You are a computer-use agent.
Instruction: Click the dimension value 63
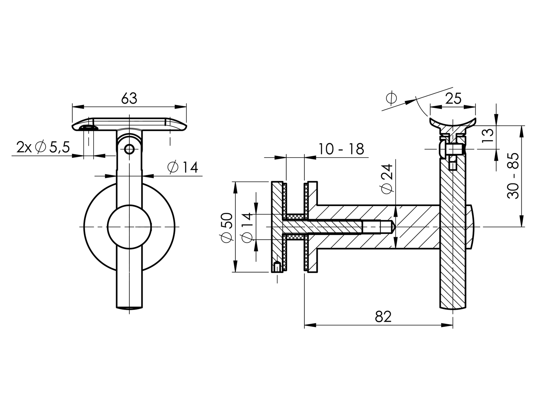coord(129,98)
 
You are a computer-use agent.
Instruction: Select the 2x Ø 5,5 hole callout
coord(43,147)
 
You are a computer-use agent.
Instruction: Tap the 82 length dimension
coord(383,317)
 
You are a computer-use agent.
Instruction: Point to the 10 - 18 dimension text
coord(341,149)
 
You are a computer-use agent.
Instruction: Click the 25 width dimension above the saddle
coord(453,98)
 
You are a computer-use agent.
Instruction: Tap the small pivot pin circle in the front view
coord(129,149)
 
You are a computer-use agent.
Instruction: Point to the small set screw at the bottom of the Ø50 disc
coord(277,267)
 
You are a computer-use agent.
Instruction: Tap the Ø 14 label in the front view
coord(183,167)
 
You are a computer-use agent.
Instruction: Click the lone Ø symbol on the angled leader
coord(391,98)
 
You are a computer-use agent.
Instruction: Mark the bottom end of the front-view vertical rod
coord(129,307)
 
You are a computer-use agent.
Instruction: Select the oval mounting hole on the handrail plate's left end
coord(89,127)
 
